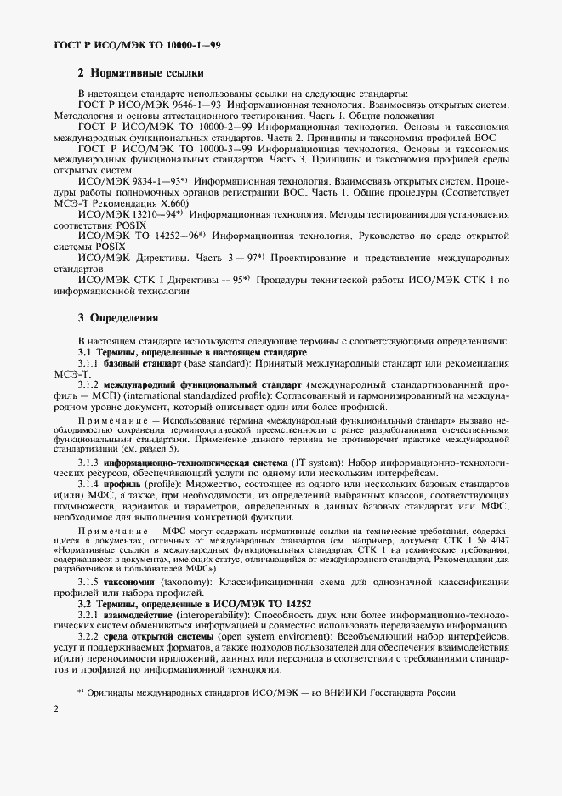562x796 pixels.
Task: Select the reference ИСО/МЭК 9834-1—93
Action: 128,181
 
